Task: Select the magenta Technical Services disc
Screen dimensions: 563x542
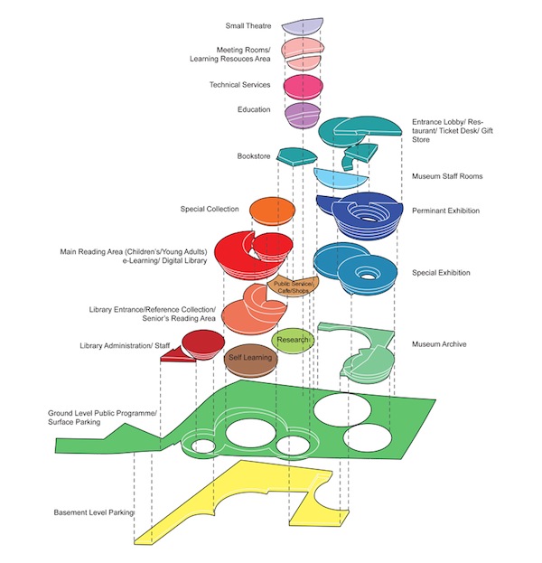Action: (x=304, y=86)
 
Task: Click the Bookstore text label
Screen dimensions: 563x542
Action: (x=254, y=155)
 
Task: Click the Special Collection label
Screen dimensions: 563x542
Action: (x=210, y=210)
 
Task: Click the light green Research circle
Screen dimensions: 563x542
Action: (x=292, y=340)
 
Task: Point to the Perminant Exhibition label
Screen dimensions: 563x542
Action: (x=445, y=211)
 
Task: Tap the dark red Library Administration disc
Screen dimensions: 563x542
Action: (x=202, y=342)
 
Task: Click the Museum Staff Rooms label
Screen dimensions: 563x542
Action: (x=447, y=176)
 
